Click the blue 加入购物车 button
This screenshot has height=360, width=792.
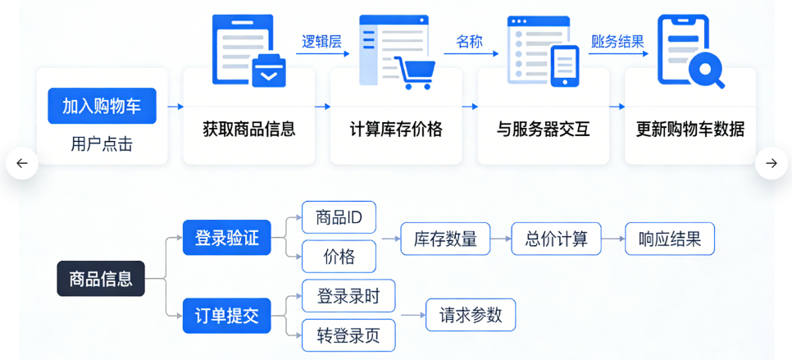click(x=102, y=106)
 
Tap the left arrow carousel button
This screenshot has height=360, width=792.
click(x=22, y=163)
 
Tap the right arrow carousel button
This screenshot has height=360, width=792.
click(x=771, y=163)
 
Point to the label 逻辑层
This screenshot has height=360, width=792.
click(x=321, y=42)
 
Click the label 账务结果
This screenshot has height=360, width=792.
click(x=617, y=42)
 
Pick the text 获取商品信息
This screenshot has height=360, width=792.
click(x=248, y=130)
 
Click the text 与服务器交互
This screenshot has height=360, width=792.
click(x=543, y=130)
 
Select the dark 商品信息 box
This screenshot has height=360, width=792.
click(x=101, y=279)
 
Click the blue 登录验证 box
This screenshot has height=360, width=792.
click(x=226, y=238)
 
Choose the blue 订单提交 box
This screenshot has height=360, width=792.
click(x=226, y=317)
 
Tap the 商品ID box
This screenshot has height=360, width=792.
click(x=339, y=217)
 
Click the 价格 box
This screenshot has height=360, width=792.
click(x=339, y=257)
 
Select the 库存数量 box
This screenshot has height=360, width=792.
click(x=445, y=239)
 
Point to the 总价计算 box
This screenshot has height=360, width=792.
click(x=556, y=239)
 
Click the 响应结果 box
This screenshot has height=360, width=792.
click(x=669, y=239)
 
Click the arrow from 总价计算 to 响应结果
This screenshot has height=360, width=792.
click(x=612, y=239)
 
